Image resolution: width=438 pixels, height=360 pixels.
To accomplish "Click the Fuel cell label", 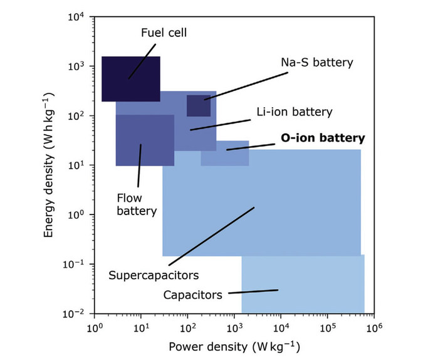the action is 164,33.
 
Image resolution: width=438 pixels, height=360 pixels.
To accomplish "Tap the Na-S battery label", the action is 317,62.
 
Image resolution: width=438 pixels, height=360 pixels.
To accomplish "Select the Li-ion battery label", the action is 295,112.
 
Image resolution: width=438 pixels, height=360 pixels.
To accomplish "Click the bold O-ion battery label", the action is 323,138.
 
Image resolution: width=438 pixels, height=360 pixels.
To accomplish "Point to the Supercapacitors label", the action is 154,275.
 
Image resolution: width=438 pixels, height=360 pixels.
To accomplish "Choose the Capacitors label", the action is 193,295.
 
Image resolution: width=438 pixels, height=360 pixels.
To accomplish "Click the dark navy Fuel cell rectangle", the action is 131,79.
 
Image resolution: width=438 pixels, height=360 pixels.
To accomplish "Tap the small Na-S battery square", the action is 199,105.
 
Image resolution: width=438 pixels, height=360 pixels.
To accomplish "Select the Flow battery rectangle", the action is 145,140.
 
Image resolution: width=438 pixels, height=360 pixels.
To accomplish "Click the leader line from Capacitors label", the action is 253,292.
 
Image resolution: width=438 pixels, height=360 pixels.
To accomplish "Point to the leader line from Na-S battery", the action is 246,86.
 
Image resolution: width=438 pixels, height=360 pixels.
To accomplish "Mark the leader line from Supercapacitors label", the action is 211,236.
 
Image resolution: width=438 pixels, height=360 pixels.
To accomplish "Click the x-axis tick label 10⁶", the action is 373,327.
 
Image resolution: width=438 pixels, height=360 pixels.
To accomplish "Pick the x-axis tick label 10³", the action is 234,327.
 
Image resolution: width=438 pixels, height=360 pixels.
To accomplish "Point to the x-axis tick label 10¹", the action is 141,327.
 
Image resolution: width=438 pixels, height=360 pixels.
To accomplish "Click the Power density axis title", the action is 234,347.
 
